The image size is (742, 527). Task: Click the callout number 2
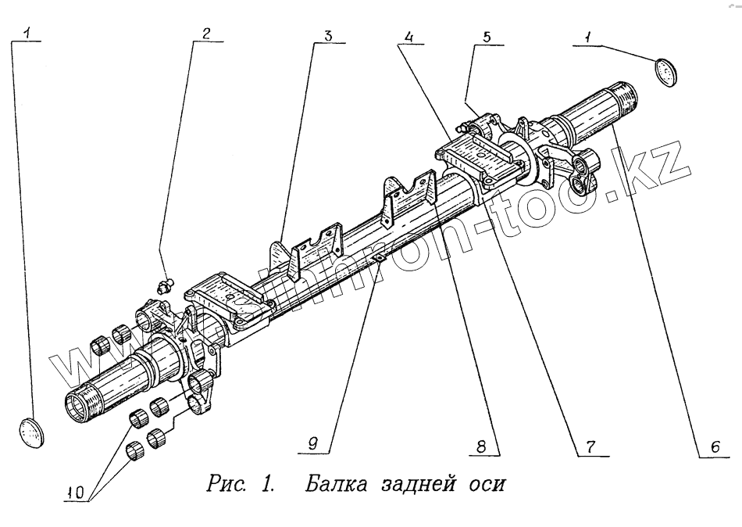pyautogui.click(x=206, y=34)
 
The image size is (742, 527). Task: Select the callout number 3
pyautogui.click(x=328, y=35)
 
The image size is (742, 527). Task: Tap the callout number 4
pyautogui.click(x=408, y=37)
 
